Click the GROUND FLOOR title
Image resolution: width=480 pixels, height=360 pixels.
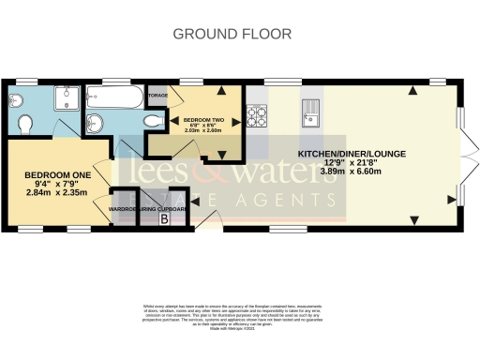tap(232, 34)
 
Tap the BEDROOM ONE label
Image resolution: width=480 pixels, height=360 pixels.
tap(55, 176)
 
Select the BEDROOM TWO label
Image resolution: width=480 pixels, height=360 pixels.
tap(202, 121)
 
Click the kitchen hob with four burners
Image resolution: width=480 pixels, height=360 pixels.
tap(255, 117)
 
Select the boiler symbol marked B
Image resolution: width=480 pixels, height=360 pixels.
tap(166, 219)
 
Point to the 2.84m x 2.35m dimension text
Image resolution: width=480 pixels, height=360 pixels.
tap(55, 193)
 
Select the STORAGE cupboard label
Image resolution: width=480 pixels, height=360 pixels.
tap(157, 95)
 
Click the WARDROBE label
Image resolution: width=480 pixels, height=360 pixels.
tap(124, 208)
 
